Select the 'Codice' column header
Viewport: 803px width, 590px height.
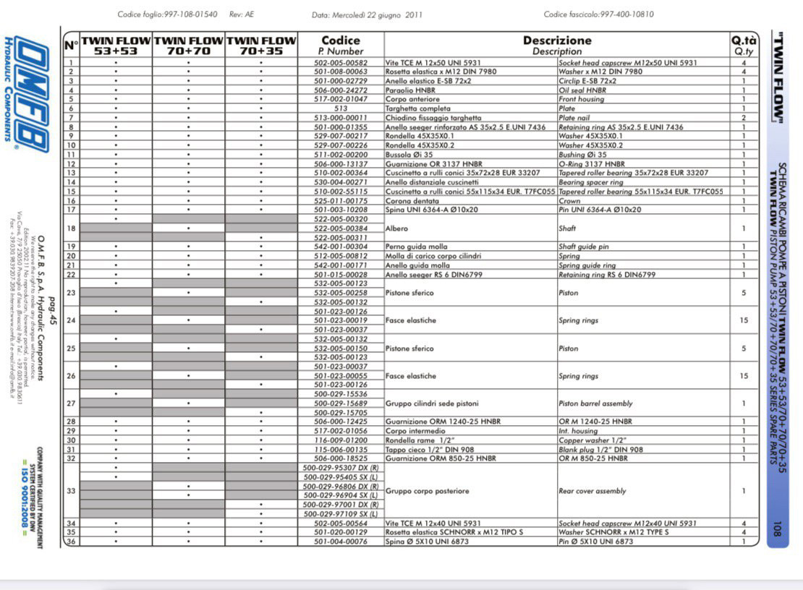341,40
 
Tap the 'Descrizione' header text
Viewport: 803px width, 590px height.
557,40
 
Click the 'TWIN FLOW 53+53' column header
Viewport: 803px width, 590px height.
116,46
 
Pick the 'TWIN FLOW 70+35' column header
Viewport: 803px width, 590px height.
261,46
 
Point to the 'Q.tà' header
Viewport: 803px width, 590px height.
744,40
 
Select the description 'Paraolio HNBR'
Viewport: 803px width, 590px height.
409,90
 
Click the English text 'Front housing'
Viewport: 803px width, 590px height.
582,99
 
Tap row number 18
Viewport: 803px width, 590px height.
71,228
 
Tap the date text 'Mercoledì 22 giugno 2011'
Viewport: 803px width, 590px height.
377,14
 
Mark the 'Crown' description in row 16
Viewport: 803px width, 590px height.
569,201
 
